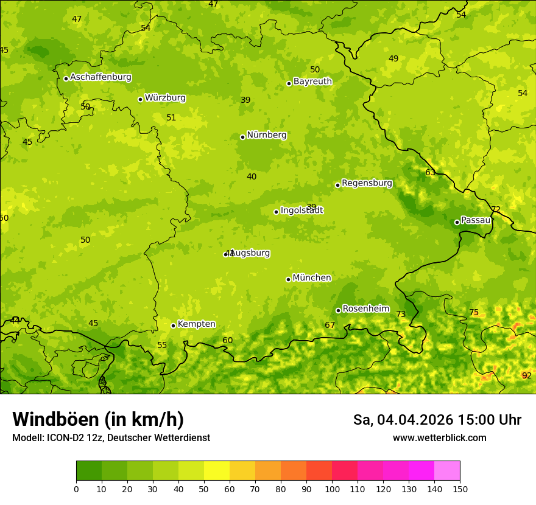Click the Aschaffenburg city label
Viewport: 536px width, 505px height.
pyautogui.click(x=100, y=77)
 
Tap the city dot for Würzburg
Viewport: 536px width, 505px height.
pyautogui.click(x=140, y=99)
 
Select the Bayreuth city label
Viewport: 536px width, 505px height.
pyautogui.click(x=312, y=81)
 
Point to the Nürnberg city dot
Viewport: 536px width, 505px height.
pyautogui.click(x=242, y=137)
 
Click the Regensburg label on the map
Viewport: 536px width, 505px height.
pyautogui.click(x=367, y=183)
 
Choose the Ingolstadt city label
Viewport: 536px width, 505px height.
pyautogui.click(x=301, y=211)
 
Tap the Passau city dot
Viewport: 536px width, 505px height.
pyautogui.click(x=457, y=222)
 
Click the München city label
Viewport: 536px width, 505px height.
pyautogui.click(x=312, y=278)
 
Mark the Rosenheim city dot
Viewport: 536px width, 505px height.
pyautogui.click(x=338, y=310)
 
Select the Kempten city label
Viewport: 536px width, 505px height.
pyautogui.click(x=196, y=324)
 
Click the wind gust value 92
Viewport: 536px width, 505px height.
pyautogui.click(x=526, y=375)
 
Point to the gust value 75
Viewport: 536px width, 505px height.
pyautogui.click(x=474, y=313)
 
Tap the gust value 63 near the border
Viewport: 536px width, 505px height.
pyautogui.click(x=430, y=172)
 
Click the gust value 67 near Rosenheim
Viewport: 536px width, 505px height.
pyautogui.click(x=330, y=326)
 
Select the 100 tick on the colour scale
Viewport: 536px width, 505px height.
pyautogui.click(x=332, y=488)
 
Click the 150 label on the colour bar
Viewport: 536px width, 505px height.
pyautogui.click(x=460, y=488)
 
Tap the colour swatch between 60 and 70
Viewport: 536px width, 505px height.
pyautogui.click(x=242, y=471)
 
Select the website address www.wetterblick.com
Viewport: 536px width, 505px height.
pyautogui.click(x=439, y=437)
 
